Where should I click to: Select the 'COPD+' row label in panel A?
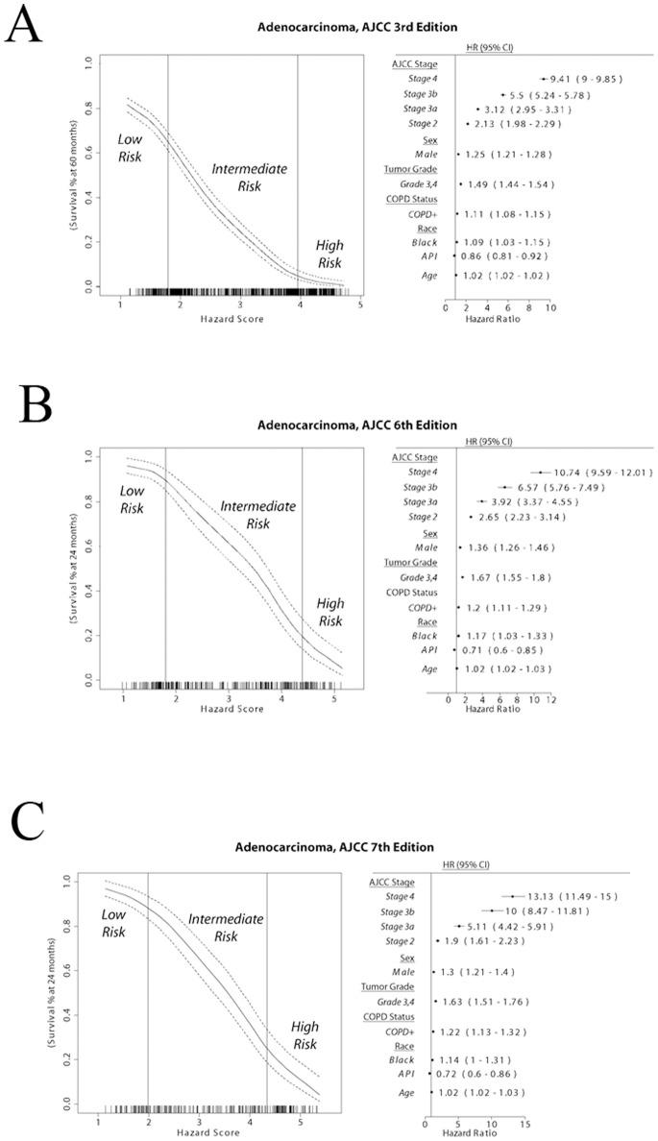(417, 214)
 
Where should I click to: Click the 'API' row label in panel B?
(428, 648)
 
